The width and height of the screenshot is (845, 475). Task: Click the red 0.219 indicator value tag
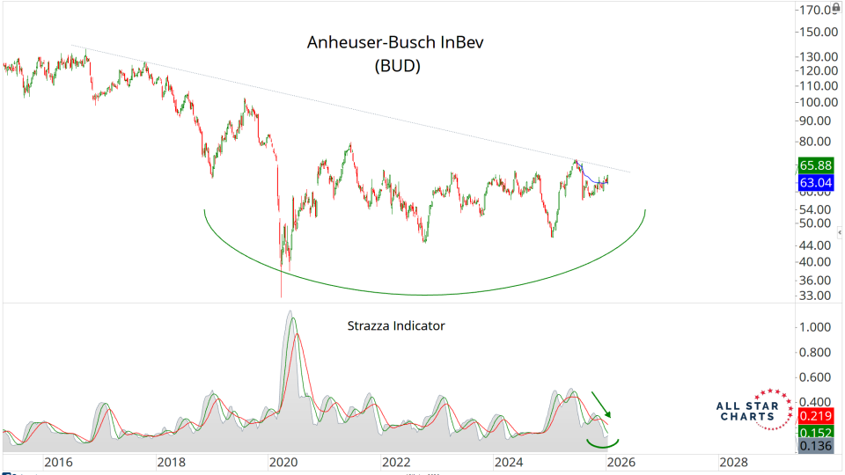[x=817, y=415]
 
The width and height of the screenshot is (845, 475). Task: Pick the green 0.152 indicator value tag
[x=817, y=432]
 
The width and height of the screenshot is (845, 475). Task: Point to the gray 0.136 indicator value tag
[x=817, y=447]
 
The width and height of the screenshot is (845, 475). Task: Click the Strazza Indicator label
[x=395, y=325]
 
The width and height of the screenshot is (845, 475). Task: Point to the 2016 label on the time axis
[x=58, y=462]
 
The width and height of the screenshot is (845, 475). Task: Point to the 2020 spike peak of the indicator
[x=290, y=311]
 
